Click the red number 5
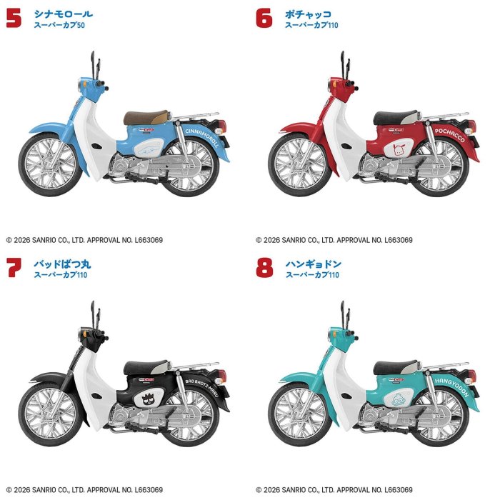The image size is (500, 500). (x=14, y=19)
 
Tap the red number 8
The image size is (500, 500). (x=264, y=268)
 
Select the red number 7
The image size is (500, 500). (x=14, y=268)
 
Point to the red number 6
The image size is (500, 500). (x=264, y=18)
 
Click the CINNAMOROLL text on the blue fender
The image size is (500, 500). (x=202, y=138)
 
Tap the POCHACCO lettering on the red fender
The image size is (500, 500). (x=450, y=135)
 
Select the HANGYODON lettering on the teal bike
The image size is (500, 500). (x=452, y=387)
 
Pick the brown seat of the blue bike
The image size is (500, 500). (x=146, y=117)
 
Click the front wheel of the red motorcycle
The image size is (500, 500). (x=300, y=164)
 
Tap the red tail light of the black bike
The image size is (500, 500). (x=221, y=376)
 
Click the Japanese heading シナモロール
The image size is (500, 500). (x=64, y=14)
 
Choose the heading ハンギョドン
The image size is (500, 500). (x=314, y=264)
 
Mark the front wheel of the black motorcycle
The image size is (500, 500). (x=50, y=414)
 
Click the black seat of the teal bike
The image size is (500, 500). (x=396, y=367)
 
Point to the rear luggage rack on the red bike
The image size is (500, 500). (x=445, y=116)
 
